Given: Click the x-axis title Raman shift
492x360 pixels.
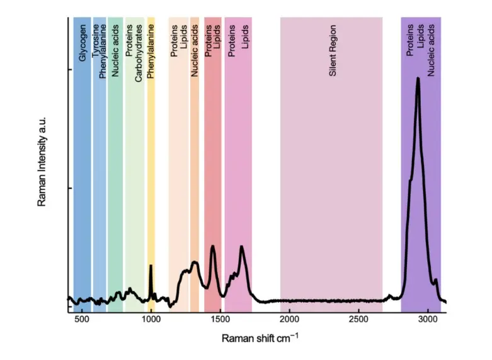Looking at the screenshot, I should (x=260, y=338).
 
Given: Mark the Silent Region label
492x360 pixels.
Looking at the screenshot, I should (x=333, y=51).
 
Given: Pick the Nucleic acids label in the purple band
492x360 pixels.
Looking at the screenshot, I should (x=432, y=50).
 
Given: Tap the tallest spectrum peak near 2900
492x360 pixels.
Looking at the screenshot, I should (x=418, y=79).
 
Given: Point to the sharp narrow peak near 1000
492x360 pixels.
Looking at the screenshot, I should (x=151, y=266).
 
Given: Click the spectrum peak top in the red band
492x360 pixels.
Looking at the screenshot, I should (x=213, y=247).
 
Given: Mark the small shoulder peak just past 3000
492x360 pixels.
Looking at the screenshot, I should (x=435, y=280).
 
